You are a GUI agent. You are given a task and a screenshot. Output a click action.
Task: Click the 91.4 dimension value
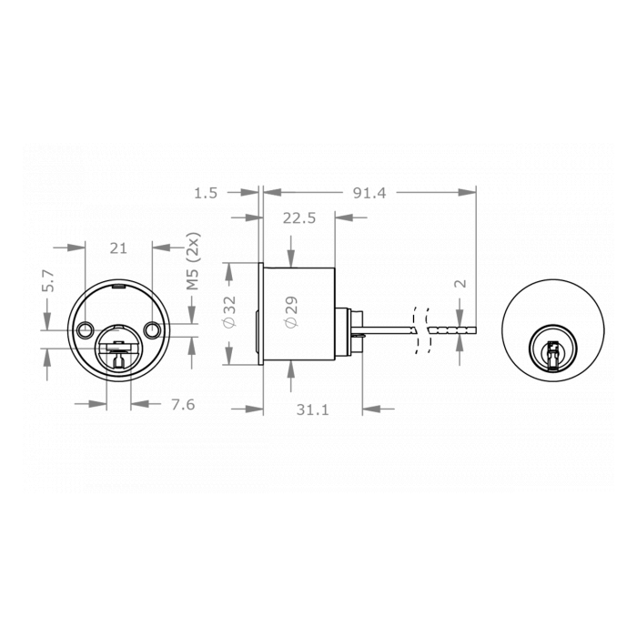(x=369, y=193)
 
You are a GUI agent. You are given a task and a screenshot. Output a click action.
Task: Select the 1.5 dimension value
(x=206, y=193)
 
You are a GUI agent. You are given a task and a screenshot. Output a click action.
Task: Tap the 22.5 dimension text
(x=298, y=218)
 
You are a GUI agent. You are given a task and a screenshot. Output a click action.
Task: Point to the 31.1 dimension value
(x=311, y=410)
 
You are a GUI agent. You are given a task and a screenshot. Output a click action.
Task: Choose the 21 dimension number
(x=117, y=248)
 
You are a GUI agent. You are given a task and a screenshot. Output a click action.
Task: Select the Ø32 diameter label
(x=230, y=312)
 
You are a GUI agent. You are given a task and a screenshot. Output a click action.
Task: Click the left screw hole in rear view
(x=86, y=328)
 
